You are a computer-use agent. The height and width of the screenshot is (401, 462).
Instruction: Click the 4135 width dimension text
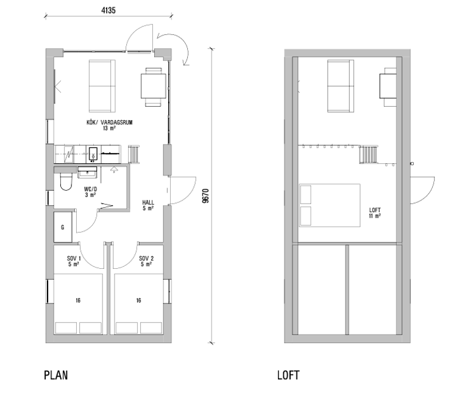tap(108, 10)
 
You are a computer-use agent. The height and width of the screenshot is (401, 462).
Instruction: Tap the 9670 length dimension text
tap(205, 196)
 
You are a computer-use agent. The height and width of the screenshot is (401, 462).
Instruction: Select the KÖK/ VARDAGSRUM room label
tap(109, 122)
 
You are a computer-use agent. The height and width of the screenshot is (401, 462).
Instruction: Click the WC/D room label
tap(90, 189)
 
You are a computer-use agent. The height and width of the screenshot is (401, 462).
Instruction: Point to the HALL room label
tap(148, 202)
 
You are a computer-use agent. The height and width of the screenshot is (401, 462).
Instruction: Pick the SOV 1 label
tap(74, 258)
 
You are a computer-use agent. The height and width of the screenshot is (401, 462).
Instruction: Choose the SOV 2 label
tap(146, 258)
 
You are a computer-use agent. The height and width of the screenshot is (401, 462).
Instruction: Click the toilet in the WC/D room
tap(66, 181)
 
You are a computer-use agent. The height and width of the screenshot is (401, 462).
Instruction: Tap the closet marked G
tap(63, 227)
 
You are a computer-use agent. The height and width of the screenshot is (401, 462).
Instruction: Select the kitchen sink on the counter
tap(93, 154)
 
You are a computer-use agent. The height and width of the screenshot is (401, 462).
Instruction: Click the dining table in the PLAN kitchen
tap(153, 86)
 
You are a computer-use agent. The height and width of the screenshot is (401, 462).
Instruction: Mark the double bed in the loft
tap(330, 205)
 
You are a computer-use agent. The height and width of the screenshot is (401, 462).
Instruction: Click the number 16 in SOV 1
tap(78, 300)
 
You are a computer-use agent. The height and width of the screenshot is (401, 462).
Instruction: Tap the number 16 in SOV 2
tap(138, 300)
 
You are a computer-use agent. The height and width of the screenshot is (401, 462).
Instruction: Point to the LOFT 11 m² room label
tap(375, 213)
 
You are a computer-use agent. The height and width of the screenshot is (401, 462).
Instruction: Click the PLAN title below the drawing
tap(56, 375)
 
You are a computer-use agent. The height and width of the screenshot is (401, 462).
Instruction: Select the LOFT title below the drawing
tap(288, 375)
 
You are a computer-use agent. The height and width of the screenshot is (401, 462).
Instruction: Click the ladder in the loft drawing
tap(368, 154)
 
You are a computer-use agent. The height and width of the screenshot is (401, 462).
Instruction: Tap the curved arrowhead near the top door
tap(186, 63)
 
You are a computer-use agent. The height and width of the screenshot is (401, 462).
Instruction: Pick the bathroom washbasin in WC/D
tap(87, 172)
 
